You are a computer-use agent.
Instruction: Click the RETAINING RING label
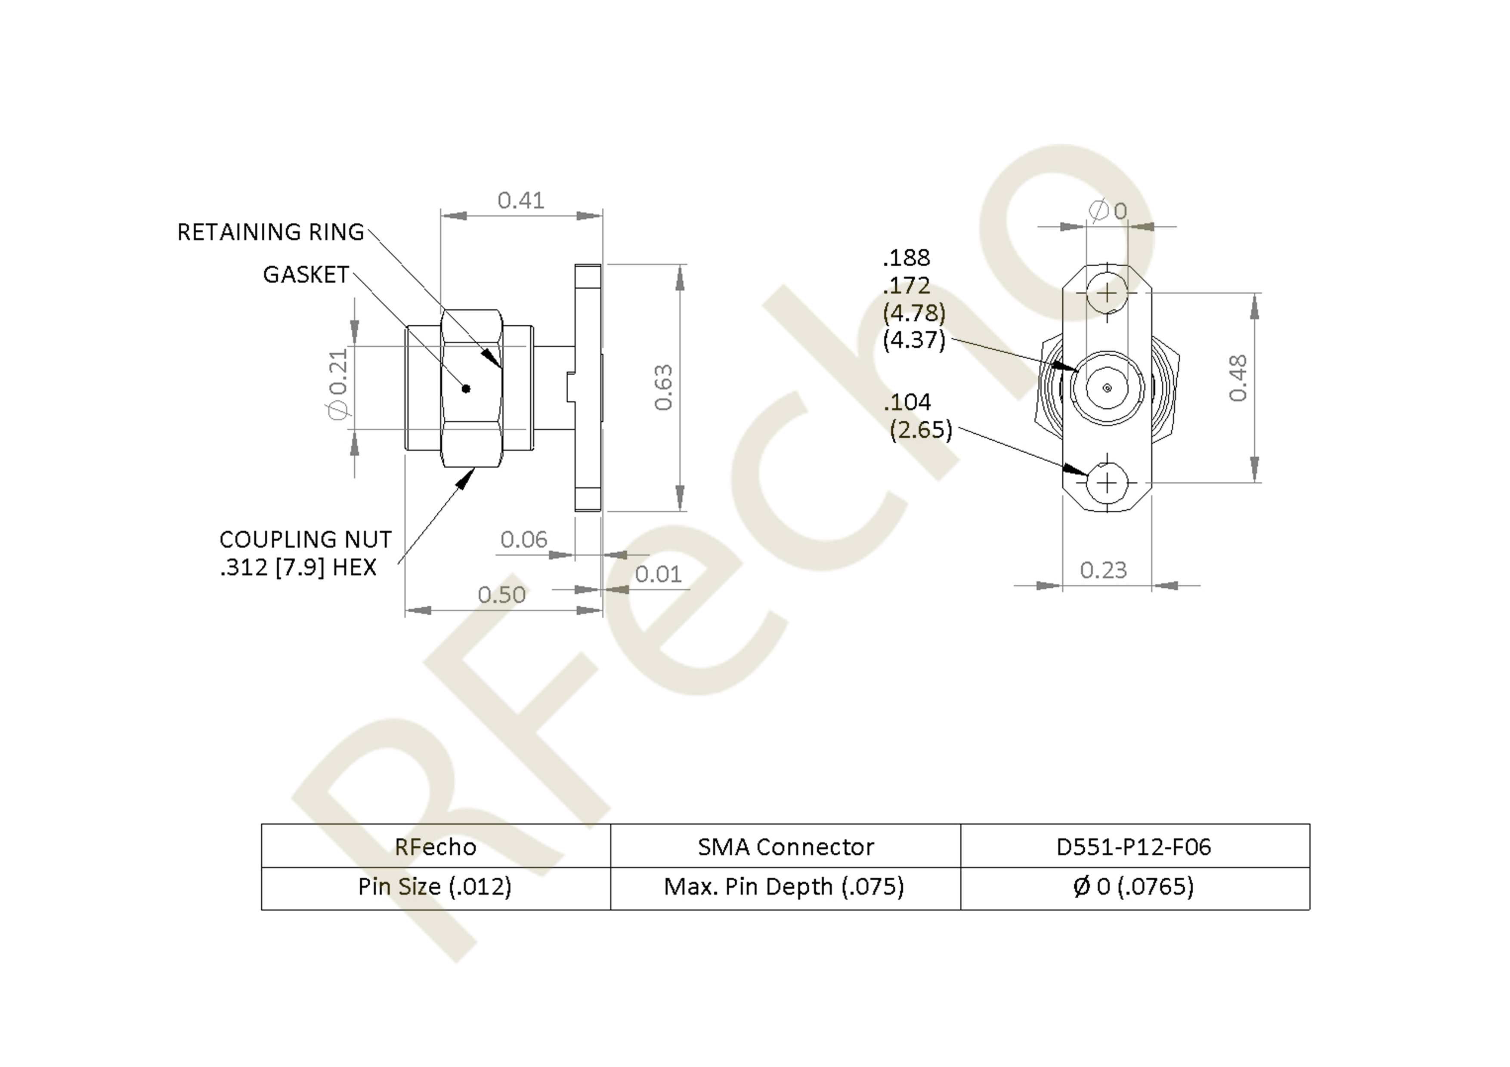pos(270,232)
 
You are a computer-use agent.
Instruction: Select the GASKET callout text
pos(306,275)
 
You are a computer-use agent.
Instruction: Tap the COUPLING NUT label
pos(305,540)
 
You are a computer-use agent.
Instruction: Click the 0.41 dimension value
pos(521,200)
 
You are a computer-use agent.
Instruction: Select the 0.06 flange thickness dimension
pos(523,540)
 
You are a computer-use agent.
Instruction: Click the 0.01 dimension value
pos(658,575)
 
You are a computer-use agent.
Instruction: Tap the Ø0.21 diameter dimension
pos(337,384)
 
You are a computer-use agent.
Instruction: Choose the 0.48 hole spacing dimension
pos(1238,378)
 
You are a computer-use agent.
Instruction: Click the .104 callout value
pos(907,402)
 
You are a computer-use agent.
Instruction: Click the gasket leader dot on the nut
pos(466,389)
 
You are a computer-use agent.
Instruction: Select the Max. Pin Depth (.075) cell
pos(785,888)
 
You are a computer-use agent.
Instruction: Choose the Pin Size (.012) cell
pos(435,888)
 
